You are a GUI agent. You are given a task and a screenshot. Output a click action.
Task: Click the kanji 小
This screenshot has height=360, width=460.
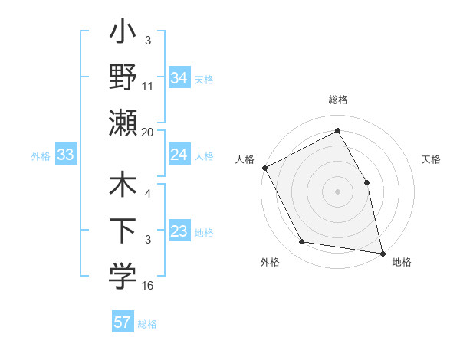pyautogui.click(x=123, y=35)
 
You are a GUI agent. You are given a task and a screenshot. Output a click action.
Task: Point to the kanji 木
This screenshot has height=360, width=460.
pyautogui.click(x=123, y=186)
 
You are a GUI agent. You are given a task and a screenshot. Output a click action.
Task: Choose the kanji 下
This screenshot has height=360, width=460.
pyautogui.click(x=123, y=231)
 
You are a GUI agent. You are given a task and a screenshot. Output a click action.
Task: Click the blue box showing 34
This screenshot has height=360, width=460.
pyautogui.click(x=179, y=77)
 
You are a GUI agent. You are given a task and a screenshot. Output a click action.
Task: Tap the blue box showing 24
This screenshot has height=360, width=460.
pyautogui.click(x=179, y=155)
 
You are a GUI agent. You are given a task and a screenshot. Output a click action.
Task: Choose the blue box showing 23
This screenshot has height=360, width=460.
pyautogui.click(x=179, y=231)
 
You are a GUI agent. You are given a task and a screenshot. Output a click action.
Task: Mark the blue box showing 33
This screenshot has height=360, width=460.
pyautogui.click(x=65, y=155)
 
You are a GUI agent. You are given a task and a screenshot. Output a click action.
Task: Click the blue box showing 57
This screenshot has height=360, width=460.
pyautogui.click(x=123, y=322)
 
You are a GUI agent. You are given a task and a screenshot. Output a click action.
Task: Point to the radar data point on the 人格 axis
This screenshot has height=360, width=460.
pyautogui.click(x=264, y=168)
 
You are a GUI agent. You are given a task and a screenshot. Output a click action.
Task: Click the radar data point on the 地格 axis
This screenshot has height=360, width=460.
pyautogui.click(x=382, y=253)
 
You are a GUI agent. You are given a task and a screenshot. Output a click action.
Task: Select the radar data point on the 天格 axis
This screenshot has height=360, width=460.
pyautogui.click(x=366, y=182)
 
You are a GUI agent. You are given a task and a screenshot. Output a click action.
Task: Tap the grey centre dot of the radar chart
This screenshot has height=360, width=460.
pyautogui.click(x=337, y=191)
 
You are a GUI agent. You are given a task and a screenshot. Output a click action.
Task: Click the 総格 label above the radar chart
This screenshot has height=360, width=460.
pyautogui.click(x=337, y=100)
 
